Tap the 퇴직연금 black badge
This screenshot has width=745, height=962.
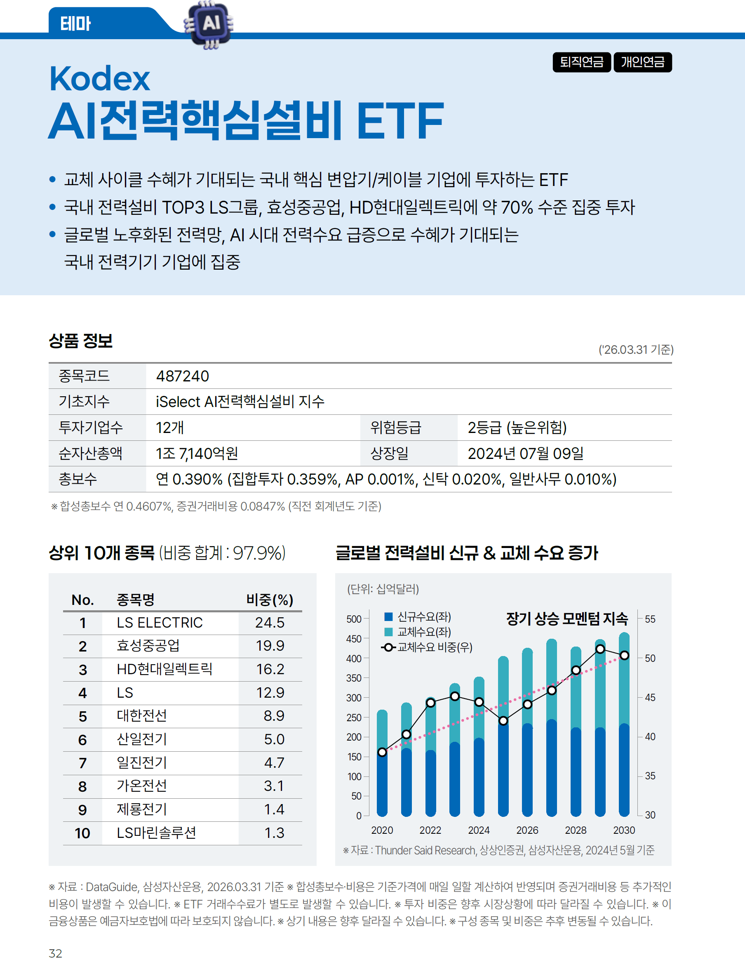581,62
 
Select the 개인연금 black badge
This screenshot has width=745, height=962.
642,62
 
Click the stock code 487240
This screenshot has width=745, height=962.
182,376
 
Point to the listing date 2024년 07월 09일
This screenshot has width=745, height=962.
525,453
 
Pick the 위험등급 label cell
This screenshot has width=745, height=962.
395,427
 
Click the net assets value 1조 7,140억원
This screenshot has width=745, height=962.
197,453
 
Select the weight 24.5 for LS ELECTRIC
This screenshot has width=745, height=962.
270,622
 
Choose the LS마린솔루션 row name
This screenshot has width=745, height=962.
156,833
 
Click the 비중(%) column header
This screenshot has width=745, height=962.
270,600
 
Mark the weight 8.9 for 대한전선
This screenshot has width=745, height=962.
273,716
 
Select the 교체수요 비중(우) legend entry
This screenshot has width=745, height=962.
427,647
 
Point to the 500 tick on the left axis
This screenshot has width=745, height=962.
354,619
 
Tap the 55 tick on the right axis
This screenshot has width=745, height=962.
650,619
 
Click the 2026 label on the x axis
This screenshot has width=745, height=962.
527,830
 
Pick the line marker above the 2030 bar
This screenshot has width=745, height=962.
624,656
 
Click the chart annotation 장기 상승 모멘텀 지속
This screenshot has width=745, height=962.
566,619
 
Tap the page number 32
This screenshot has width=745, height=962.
56,953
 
